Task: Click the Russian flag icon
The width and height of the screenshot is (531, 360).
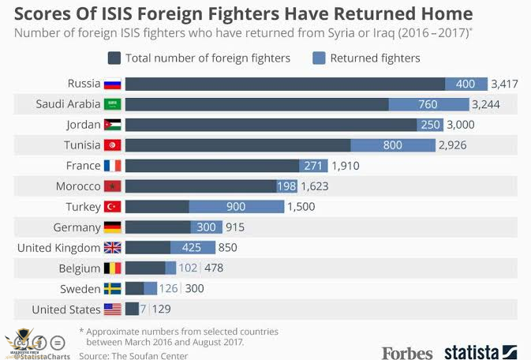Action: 113,84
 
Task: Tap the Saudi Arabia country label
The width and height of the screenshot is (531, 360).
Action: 68,104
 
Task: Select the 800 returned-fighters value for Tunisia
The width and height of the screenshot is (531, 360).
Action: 392,145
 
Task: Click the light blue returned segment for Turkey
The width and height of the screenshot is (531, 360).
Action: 236,207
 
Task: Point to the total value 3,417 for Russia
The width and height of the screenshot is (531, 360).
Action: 506,84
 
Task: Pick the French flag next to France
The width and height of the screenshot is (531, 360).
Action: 113,166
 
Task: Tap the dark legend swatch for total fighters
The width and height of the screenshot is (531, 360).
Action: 115,58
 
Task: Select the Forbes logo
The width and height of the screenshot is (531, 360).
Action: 407,351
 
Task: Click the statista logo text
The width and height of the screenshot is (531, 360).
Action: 471,351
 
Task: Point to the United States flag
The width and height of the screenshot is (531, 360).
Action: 113,309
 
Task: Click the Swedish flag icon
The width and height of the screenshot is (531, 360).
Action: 113,289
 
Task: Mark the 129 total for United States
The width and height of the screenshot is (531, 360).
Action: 161,309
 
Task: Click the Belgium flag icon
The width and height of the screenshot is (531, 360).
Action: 113,268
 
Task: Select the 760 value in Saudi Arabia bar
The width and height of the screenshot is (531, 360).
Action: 428,104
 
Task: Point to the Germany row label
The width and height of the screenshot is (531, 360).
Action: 77,227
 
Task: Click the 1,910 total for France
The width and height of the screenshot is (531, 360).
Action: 346,166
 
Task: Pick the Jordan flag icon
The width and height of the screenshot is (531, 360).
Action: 113,125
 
